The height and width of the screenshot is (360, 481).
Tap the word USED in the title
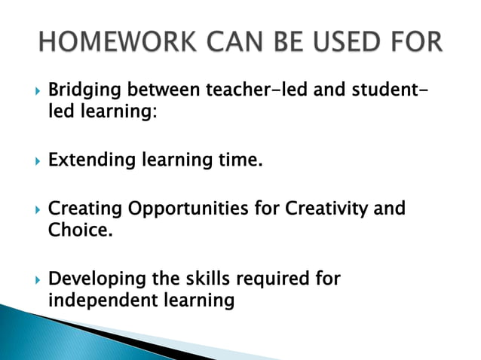[x=346, y=41]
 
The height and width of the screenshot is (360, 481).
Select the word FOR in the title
[x=412, y=41]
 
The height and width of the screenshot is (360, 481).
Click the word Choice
[x=78, y=229]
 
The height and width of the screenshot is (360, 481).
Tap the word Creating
[x=83, y=209]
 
